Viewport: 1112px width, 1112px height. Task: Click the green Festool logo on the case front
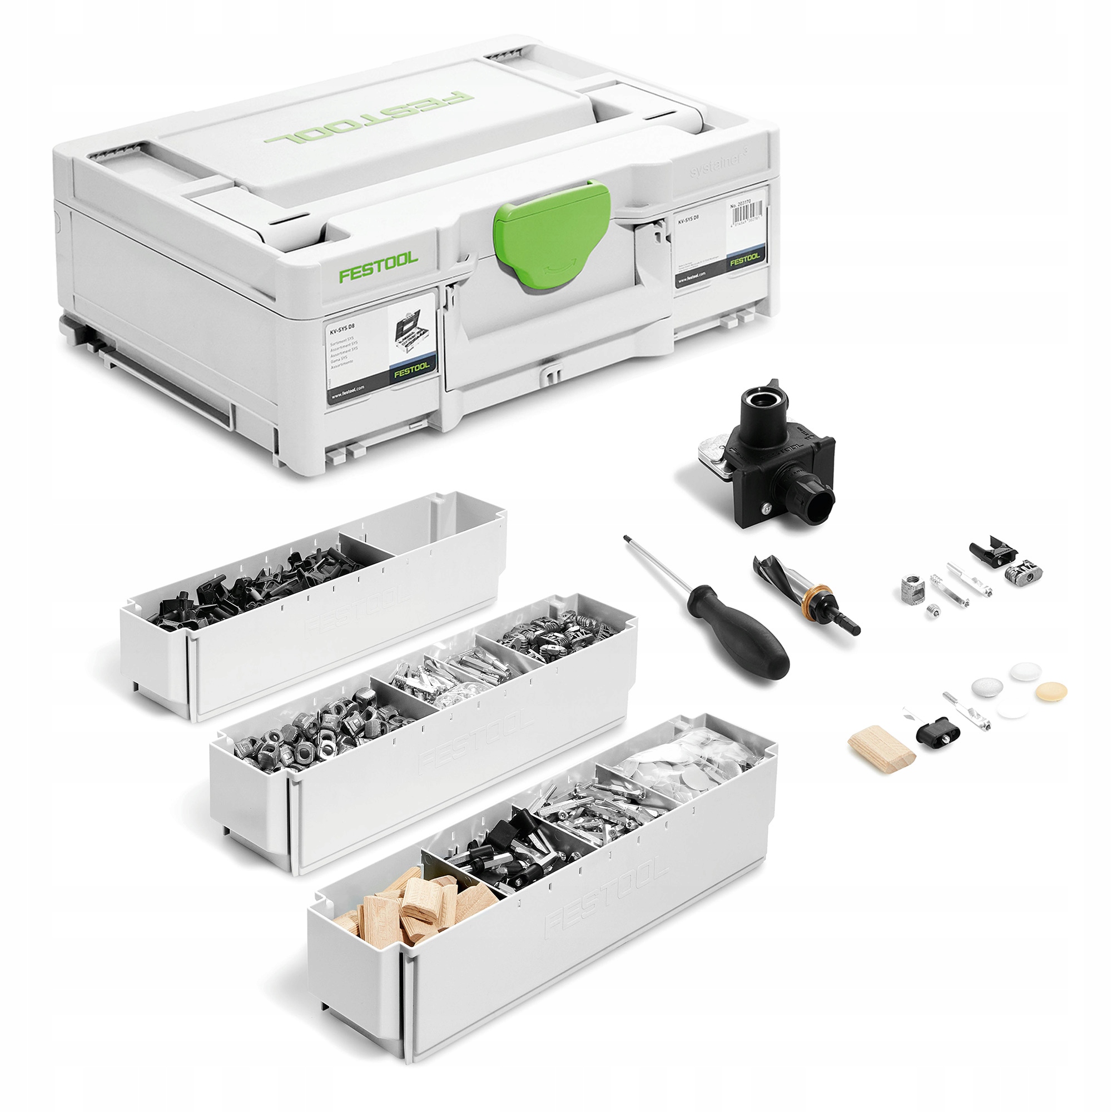(x=378, y=267)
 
